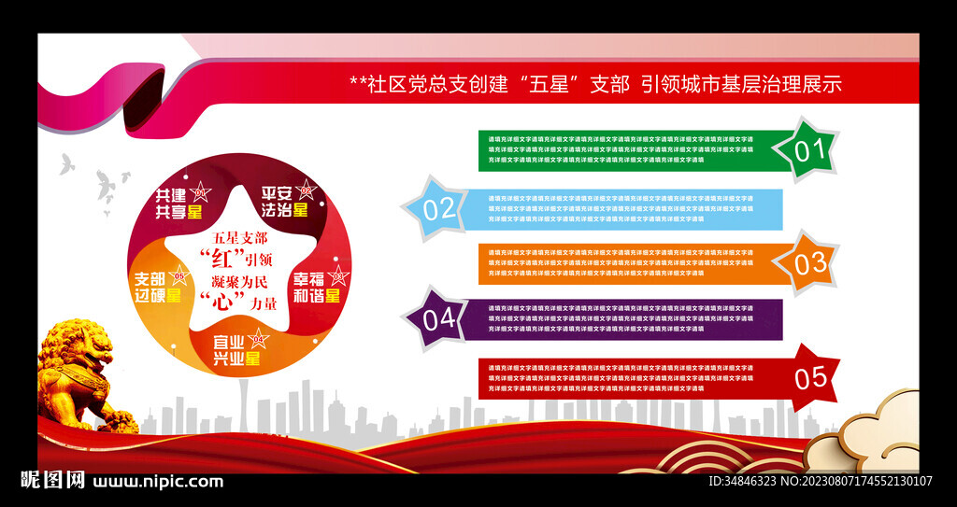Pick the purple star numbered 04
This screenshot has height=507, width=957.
pyautogui.click(x=437, y=318)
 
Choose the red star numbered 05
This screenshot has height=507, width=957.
pyautogui.click(x=809, y=377)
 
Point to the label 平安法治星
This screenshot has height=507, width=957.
pyautogui.click(x=284, y=202)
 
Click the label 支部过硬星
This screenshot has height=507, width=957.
pyautogui.click(x=158, y=287)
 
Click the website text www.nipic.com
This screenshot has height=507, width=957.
pyautogui.click(x=158, y=482)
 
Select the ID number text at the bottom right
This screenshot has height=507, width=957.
pyautogui.click(x=820, y=482)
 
